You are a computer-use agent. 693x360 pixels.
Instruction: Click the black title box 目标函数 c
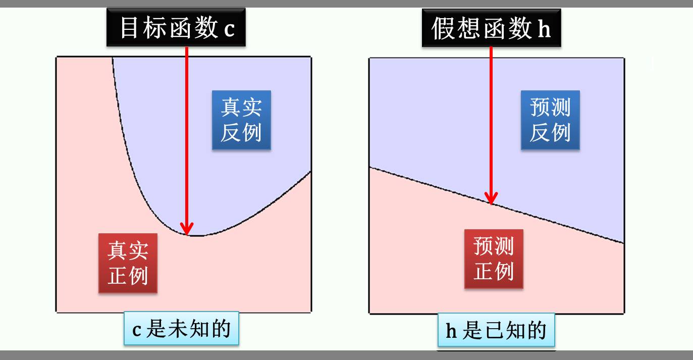tap(176, 28)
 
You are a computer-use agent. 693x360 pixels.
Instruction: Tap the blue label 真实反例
tap(241, 120)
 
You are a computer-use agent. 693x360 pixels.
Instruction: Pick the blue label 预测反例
tap(550, 120)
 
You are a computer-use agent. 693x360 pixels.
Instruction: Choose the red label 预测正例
tap(494, 259)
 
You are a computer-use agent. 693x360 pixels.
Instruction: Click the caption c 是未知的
tap(181, 329)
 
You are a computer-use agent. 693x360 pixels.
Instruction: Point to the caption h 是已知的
tap(496, 331)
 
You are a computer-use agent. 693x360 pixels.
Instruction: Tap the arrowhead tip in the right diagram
tap(491, 203)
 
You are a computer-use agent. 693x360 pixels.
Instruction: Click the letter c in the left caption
tap(136, 330)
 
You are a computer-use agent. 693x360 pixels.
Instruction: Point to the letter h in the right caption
tap(451, 331)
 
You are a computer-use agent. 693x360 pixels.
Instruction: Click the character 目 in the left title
tap(129, 28)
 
